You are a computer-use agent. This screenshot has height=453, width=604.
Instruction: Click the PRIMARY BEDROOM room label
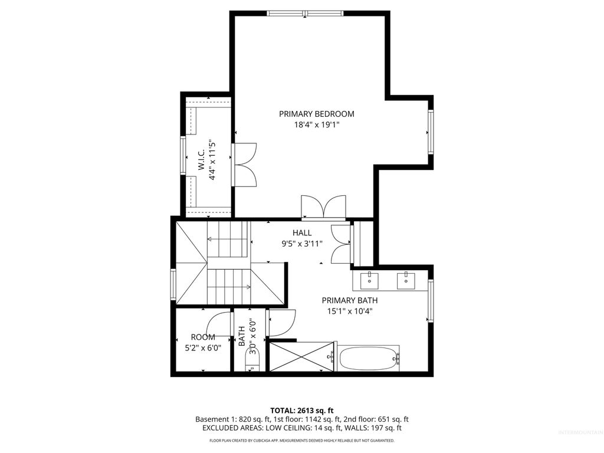[317, 114]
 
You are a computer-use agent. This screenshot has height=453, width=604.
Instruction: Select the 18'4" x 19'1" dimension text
[317, 124]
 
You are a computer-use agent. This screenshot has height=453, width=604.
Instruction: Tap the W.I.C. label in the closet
[201, 160]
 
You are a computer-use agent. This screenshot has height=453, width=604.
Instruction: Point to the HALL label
[302, 233]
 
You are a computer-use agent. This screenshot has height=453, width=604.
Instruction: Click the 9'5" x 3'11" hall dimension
[302, 243]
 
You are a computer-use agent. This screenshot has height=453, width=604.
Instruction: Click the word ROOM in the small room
[203, 337]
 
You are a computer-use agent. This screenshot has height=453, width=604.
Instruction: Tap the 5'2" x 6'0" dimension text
[203, 347]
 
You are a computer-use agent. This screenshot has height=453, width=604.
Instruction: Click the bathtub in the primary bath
[369, 358]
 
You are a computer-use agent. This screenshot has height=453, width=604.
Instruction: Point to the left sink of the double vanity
[370, 279]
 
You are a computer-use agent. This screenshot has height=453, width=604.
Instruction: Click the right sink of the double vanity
[406, 279]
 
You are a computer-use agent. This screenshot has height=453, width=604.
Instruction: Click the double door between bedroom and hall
[322, 208]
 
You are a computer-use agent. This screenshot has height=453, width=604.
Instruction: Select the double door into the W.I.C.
[244, 163]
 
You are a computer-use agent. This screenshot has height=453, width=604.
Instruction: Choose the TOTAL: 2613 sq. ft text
[302, 410]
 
